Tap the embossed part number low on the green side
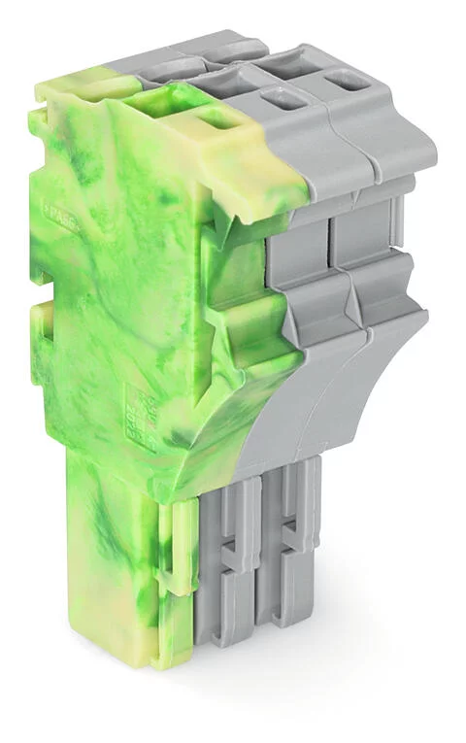click(146, 408)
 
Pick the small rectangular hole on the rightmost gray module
click(340, 81)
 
